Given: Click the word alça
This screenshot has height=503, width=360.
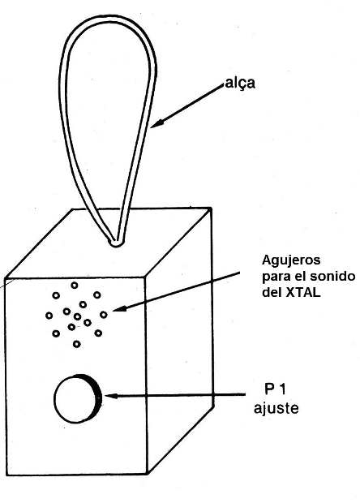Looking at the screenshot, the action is pyautogui.click(x=240, y=83).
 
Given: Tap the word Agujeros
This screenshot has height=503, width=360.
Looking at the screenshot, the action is pyautogui.click(x=291, y=260).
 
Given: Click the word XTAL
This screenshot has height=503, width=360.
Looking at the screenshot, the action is pyautogui.click(x=302, y=293).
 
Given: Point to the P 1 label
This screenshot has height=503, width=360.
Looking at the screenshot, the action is pyautogui.click(x=275, y=389).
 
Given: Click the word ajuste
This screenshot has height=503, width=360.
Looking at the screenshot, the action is pyautogui.click(x=276, y=408).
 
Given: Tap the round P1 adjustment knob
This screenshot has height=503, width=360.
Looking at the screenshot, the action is pyautogui.click(x=78, y=398).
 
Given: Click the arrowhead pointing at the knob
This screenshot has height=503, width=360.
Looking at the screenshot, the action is pyautogui.click(x=110, y=396).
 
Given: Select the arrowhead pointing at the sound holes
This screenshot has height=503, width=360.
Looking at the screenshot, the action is pyautogui.click(x=118, y=309).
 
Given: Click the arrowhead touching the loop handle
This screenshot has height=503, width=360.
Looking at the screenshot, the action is pyautogui.click(x=158, y=124).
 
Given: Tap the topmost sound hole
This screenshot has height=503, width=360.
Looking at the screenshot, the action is pyautogui.click(x=75, y=285).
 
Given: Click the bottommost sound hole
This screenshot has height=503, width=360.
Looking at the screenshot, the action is pyautogui.click(x=76, y=344).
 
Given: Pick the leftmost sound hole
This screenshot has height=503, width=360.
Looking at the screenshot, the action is pyautogui.click(x=49, y=316).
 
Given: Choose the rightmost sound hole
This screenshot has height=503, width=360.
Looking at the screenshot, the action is pyautogui.click(x=103, y=315).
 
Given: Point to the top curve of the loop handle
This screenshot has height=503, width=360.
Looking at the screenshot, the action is pyautogui.click(x=105, y=18).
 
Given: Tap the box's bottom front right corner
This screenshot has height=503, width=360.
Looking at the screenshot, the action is pyautogui.click(x=147, y=473).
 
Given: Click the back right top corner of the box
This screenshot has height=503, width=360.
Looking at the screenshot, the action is pyautogui.click(x=211, y=209).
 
